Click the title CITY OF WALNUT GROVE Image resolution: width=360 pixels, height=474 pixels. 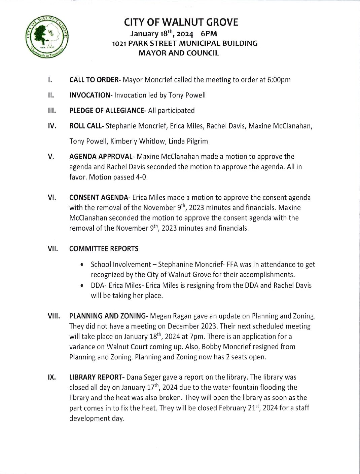(x=181, y=22)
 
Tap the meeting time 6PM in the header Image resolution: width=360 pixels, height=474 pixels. (x=209, y=34)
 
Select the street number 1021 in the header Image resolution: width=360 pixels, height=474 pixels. (x=119, y=43)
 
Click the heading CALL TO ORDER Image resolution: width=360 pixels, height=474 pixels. (x=95, y=80)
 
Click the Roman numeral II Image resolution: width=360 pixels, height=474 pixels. (x=51, y=95)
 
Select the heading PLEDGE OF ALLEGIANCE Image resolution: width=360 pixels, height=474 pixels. (x=108, y=111)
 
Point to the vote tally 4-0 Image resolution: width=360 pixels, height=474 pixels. (x=141, y=177)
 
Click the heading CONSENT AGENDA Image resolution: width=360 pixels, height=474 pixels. (x=99, y=197)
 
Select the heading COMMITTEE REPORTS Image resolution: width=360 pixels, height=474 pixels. (x=104, y=249)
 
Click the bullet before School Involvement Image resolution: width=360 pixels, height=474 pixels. (x=82, y=265)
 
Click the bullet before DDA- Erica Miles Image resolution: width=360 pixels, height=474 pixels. (x=82, y=286)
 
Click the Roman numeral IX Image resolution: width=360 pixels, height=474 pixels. (x=51, y=377)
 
